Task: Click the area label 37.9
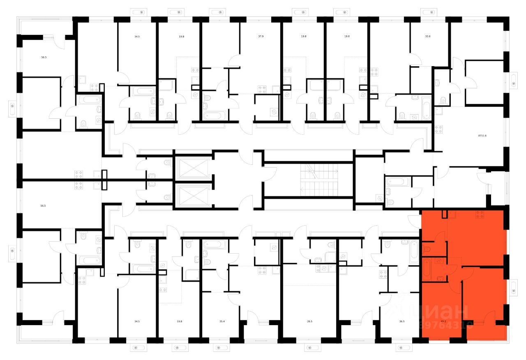point(261,37)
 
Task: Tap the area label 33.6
point(428,37)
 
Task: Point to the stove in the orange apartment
point(479,214)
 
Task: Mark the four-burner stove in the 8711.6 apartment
point(438,129)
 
